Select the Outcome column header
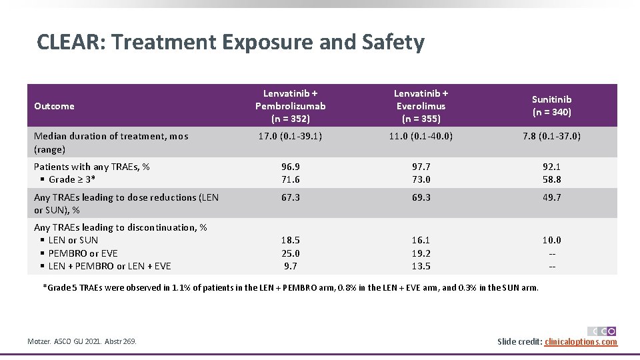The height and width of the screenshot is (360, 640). [54, 106]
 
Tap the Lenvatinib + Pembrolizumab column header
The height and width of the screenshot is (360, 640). [290, 106]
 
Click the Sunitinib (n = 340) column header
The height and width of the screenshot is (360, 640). [551, 106]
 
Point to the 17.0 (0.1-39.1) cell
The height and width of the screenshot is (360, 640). [290, 136]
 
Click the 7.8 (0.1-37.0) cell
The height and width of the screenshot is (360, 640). [551, 136]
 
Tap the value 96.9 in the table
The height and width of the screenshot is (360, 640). [290, 167]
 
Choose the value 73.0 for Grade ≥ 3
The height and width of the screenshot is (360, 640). [421, 179]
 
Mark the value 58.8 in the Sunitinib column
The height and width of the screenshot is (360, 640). [551, 179]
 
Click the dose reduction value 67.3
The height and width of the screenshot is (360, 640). [290, 197]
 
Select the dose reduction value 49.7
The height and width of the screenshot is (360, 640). [551, 197]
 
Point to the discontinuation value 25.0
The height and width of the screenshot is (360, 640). [290, 253]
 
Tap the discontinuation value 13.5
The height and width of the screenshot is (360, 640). [421, 266]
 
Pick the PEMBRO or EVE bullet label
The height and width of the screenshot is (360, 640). [83, 253]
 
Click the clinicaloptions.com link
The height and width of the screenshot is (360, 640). [581, 342]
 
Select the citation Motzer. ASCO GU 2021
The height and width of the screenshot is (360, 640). [82, 342]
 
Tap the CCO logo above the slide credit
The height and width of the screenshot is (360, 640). [601, 331]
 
